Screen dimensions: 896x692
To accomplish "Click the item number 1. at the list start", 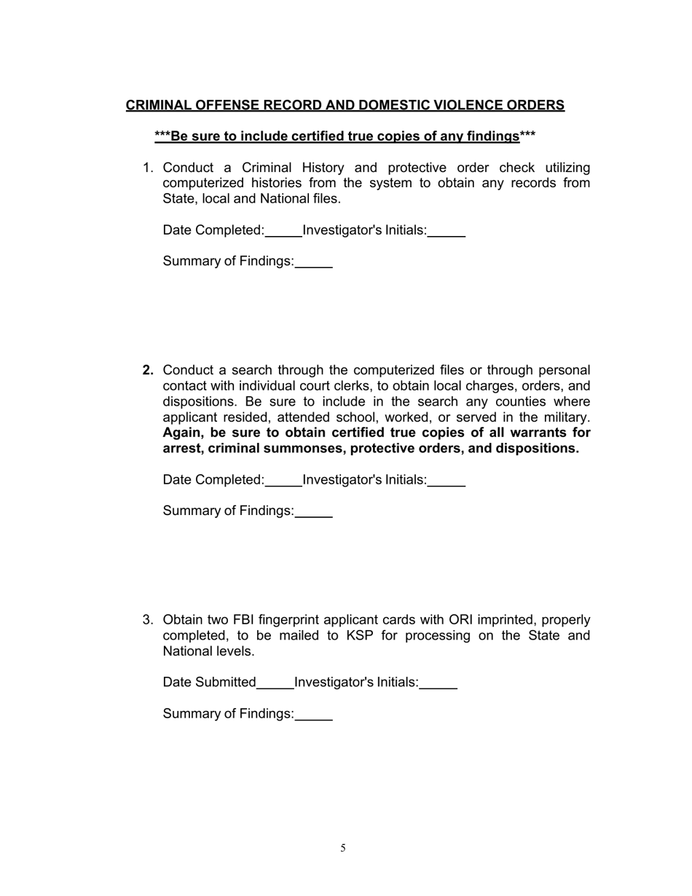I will [x=148, y=168].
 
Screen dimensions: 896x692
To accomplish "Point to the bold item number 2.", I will [x=148, y=371].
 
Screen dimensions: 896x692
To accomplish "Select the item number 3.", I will [x=148, y=620].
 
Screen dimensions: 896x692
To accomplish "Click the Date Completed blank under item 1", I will [x=283, y=232].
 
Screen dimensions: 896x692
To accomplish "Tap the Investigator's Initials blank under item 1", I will [x=446, y=232].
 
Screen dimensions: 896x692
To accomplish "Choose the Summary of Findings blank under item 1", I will [x=314, y=263].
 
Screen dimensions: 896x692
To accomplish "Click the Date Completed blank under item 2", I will [x=283, y=481].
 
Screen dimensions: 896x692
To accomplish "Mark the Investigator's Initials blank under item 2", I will [x=446, y=481].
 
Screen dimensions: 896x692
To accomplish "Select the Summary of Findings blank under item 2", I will [x=314, y=512].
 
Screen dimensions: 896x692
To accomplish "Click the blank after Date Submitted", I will [x=275, y=683].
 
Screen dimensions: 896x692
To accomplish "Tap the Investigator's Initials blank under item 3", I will [x=438, y=683].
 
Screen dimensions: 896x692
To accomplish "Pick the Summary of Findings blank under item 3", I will [x=314, y=715].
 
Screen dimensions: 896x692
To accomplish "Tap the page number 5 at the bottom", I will [x=343, y=848].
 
